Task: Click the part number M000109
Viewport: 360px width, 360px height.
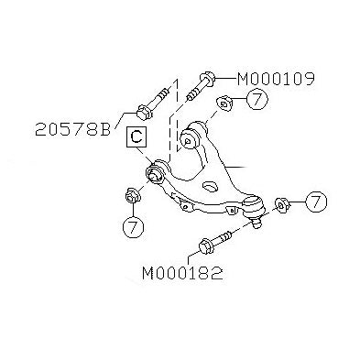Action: [276, 79]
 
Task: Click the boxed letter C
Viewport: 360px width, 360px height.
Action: [135, 137]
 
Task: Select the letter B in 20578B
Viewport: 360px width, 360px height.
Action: [104, 130]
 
